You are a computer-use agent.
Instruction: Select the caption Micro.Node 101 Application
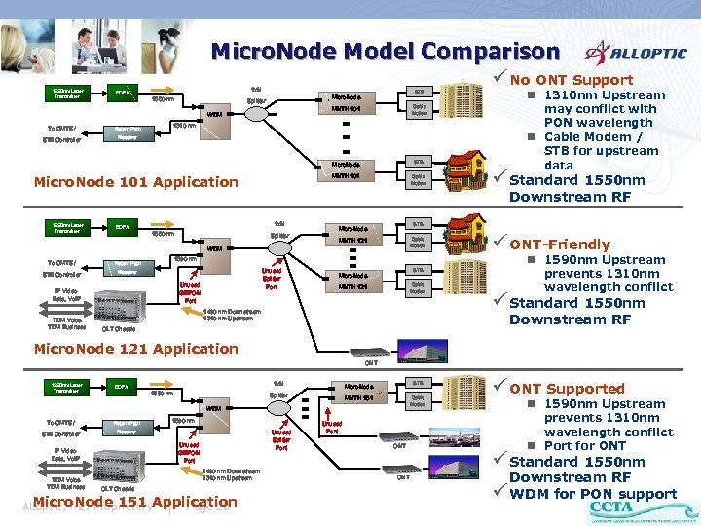point(135,182)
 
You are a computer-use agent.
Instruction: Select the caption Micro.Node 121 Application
point(135,349)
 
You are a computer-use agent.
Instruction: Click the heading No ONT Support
point(572,80)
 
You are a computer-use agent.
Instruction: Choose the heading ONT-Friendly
point(560,244)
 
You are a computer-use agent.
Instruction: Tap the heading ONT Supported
point(568,388)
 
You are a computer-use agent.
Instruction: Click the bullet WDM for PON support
point(593,493)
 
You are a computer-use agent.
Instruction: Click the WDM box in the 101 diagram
point(214,114)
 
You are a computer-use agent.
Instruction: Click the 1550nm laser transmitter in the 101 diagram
point(67,94)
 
